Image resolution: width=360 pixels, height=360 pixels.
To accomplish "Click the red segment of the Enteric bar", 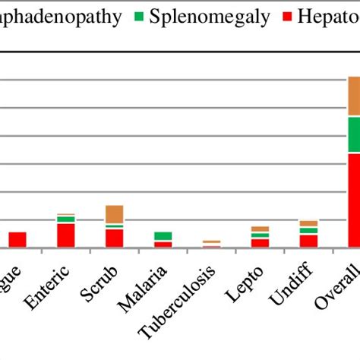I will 66,235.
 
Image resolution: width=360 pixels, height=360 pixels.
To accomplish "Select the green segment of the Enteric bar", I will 66,219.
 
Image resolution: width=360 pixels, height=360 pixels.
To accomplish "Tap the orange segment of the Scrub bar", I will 115,213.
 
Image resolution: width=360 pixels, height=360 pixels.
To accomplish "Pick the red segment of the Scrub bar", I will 115,238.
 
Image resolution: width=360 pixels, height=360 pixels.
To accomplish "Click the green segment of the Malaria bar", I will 163,236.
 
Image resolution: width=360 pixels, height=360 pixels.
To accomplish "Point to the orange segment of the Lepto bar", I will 260,229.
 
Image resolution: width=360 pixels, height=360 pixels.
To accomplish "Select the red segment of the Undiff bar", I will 308,241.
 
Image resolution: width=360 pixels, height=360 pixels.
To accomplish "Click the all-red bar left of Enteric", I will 17,239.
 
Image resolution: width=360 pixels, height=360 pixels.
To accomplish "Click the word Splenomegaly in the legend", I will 210,17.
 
